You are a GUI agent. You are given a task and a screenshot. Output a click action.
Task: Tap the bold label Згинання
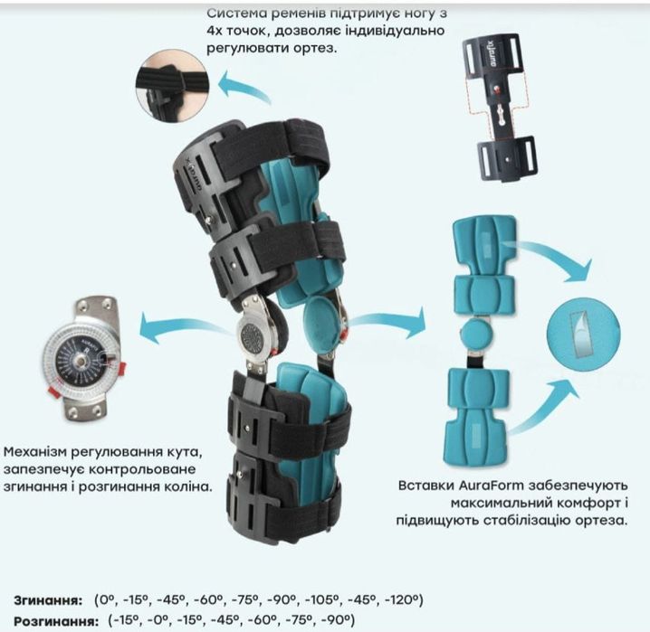pos(48,600)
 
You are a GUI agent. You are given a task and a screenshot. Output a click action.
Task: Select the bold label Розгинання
pos(56,621)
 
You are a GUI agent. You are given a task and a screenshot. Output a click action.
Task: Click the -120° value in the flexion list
pos(404,599)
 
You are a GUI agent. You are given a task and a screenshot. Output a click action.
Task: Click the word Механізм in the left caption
pos(34,451)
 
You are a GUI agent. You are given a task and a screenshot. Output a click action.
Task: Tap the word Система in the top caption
pos(235,13)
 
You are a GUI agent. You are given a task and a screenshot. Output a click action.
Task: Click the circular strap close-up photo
pos(172,86)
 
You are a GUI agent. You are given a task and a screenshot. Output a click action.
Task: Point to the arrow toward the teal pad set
pos(387,322)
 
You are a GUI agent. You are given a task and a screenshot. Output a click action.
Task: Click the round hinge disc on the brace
pos(254,335)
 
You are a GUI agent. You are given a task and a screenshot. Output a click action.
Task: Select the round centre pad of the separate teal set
pos(476,334)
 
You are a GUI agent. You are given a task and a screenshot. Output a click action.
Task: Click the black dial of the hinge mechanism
pos(79,360)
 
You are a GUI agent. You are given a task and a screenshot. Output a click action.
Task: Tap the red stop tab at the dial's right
pos(122,368)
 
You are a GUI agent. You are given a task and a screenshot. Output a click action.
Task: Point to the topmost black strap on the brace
pos(272,149)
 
